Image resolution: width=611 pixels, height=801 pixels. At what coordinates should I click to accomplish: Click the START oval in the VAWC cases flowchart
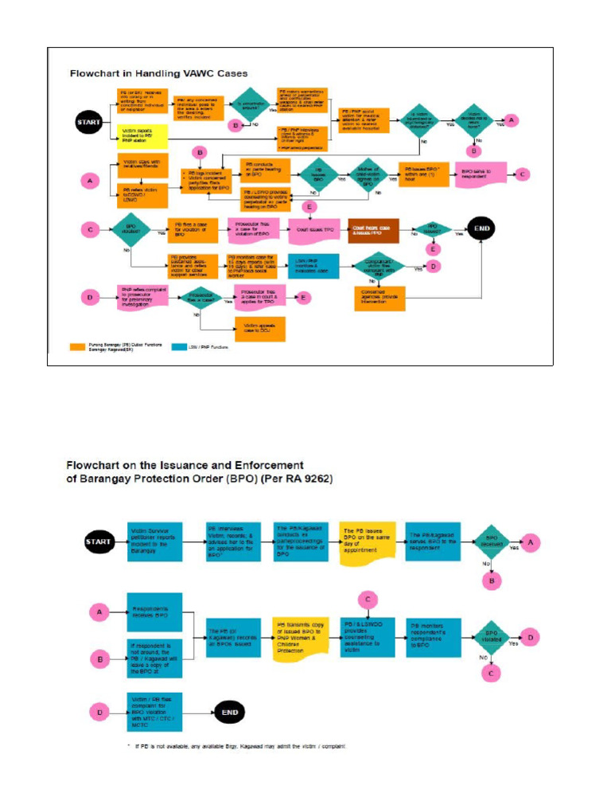tap(88, 122)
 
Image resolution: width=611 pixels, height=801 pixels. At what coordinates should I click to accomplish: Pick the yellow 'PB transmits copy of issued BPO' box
tap(299, 635)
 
